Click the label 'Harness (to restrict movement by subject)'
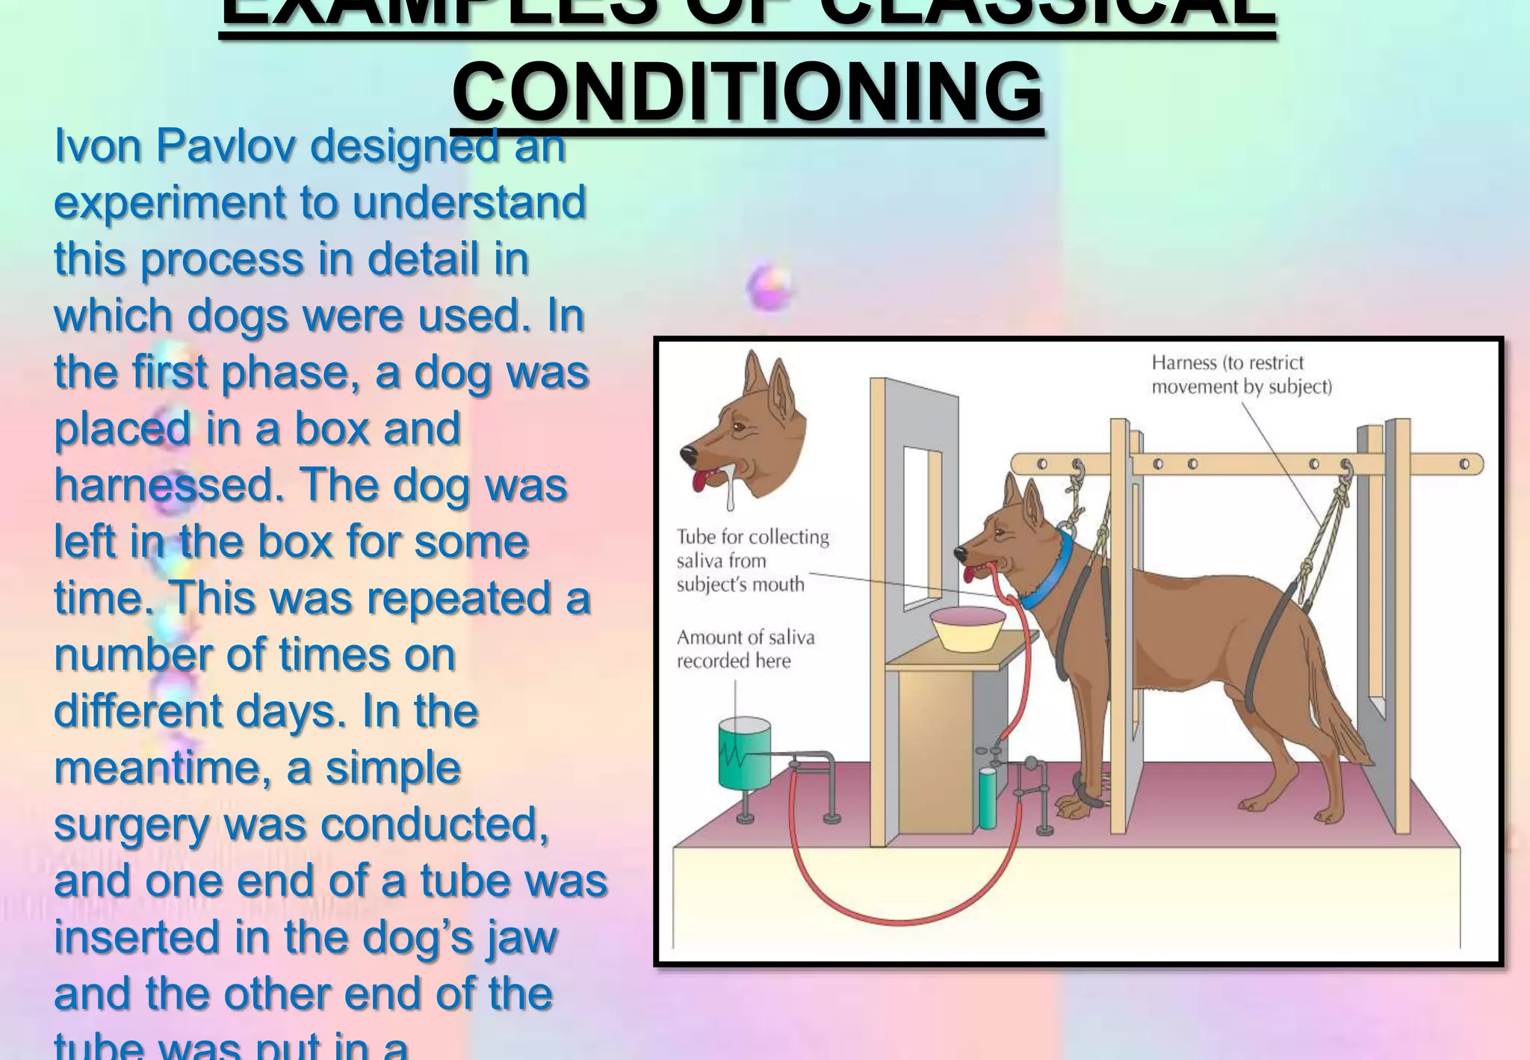pos(1241,375)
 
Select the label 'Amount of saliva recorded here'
pos(745,649)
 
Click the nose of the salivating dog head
pos(688,454)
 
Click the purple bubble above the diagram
pos(769,286)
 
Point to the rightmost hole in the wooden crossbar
pos(1464,464)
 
